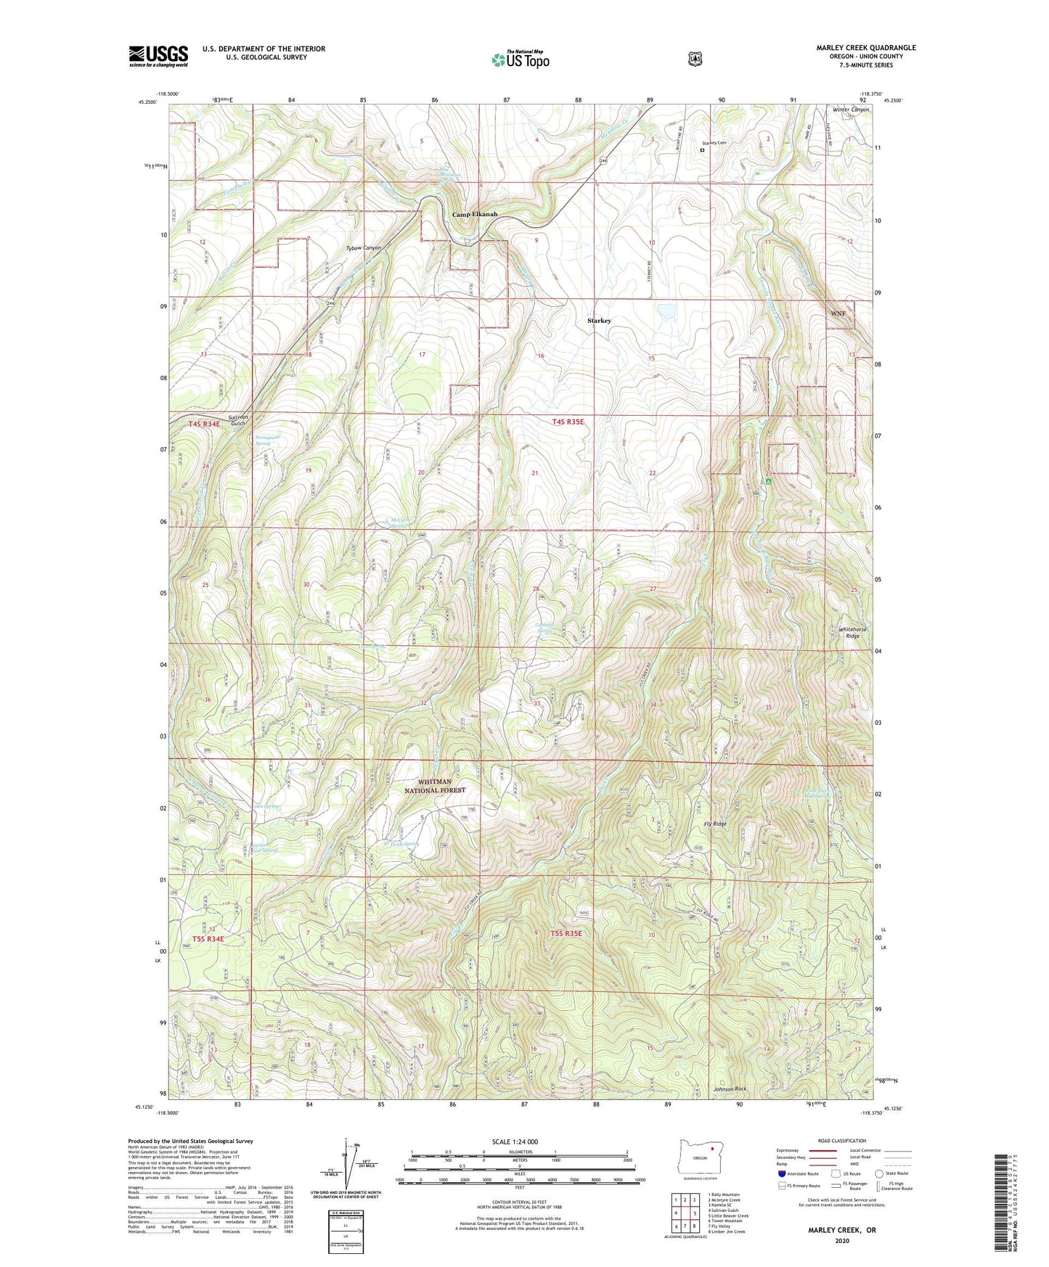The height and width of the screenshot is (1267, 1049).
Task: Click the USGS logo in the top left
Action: (x=158, y=56)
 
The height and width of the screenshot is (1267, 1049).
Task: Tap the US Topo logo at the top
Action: (x=519, y=60)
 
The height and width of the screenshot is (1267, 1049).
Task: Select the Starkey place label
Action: (x=599, y=320)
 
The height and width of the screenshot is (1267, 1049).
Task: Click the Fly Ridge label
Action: (x=716, y=824)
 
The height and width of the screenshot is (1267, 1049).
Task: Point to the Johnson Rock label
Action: (x=730, y=1089)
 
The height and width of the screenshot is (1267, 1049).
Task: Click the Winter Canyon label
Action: (x=849, y=110)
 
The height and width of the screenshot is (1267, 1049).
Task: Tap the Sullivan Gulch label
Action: (x=237, y=420)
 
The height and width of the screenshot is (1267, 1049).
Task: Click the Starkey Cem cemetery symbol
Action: (x=701, y=150)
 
